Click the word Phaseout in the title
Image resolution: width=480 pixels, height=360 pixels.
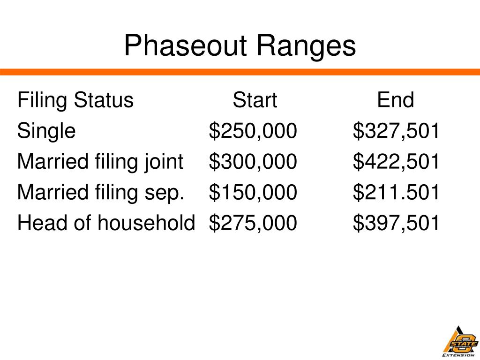[185, 46]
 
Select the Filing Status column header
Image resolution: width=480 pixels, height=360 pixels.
[75, 100]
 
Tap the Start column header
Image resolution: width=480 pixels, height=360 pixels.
[255, 100]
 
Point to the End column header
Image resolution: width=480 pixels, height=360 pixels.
[396, 100]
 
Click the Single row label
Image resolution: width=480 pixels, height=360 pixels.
[46, 131]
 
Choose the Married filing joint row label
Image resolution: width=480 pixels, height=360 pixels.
[100, 162]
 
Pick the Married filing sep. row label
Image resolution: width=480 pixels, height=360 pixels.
[101, 192]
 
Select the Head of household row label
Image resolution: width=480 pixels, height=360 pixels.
[106, 223]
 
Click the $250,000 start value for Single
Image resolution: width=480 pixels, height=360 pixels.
[253, 131]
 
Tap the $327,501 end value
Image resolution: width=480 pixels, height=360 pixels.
[397, 131]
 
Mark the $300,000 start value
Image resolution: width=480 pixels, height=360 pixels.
[253, 162]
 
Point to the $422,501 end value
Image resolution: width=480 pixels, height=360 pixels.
[397, 162]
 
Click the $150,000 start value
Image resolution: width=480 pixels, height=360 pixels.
[253, 192]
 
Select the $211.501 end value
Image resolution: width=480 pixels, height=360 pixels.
[397, 192]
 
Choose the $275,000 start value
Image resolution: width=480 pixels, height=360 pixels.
[253, 223]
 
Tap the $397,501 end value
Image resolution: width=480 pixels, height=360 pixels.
[397, 223]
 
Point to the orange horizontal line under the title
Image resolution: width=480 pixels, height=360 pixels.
[240, 72]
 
